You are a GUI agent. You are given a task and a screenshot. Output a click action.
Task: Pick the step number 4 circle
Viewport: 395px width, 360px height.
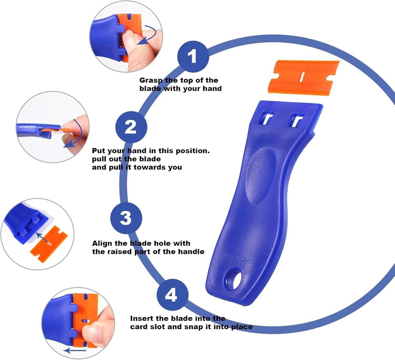click(x=172, y=295)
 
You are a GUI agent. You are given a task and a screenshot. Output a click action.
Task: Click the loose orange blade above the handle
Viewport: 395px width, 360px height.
click(x=303, y=77)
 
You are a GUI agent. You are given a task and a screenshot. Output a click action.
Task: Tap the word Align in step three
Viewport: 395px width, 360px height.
click(x=102, y=244)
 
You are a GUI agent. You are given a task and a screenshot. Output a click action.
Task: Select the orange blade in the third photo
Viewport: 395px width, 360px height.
click(x=49, y=243)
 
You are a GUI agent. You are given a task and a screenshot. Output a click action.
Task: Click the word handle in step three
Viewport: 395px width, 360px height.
click(x=191, y=252)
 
